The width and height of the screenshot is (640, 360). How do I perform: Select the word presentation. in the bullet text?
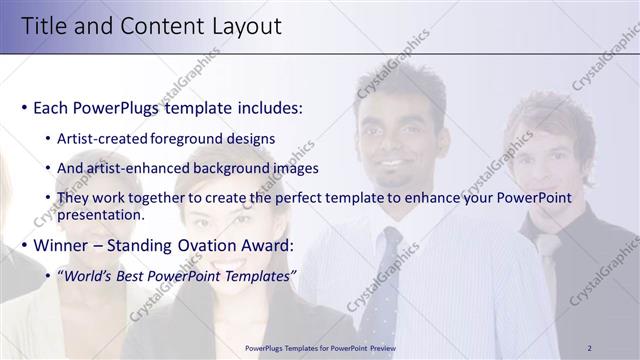[x=101, y=214]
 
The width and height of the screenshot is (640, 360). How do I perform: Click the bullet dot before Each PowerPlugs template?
[x=23, y=108]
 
